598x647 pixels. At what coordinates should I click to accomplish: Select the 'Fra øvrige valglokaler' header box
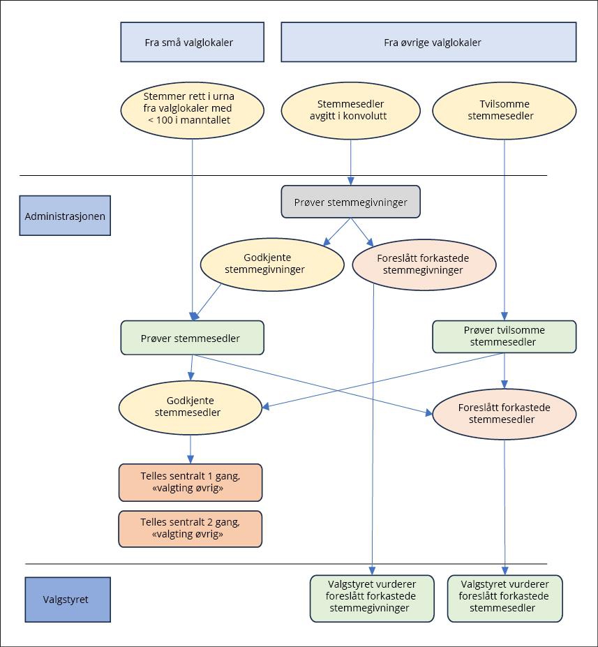pyautogui.click(x=428, y=42)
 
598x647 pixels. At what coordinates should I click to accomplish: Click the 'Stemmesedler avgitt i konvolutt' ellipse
pyautogui.click(x=351, y=110)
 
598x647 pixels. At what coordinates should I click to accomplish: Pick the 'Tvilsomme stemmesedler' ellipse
pyautogui.click(x=504, y=110)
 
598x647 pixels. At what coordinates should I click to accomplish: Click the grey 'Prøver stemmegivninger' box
pyautogui.click(x=350, y=202)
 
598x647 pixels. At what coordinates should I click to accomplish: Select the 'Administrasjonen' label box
pyautogui.click(x=65, y=216)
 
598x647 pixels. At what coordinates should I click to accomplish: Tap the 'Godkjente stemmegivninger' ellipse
pyautogui.click(x=272, y=263)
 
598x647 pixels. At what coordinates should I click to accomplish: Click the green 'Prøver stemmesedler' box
pyautogui.click(x=192, y=338)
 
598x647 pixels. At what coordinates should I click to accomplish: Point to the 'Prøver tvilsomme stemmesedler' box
pyautogui.click(x=504, y=336)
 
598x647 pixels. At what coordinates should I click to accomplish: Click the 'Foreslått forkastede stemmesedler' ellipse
pyautogui.click(x=504, y=413)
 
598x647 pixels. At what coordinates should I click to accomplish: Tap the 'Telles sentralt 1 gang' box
pyautogui.click(x=190, y=482)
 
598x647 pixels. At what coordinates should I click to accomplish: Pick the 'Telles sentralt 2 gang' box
pyautogui.click(x=190, y=528)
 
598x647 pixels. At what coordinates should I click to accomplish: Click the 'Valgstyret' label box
pyautogui.click(x=68, y=599)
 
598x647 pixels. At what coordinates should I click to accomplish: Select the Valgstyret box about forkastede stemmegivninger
pyautogui.click(x=371, y=598)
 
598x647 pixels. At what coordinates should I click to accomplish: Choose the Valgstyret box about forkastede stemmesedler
pyautogui.click(x=504, y=598)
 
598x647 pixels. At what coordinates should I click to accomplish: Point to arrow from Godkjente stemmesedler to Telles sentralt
pyautogui.click(x=190, y=447)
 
